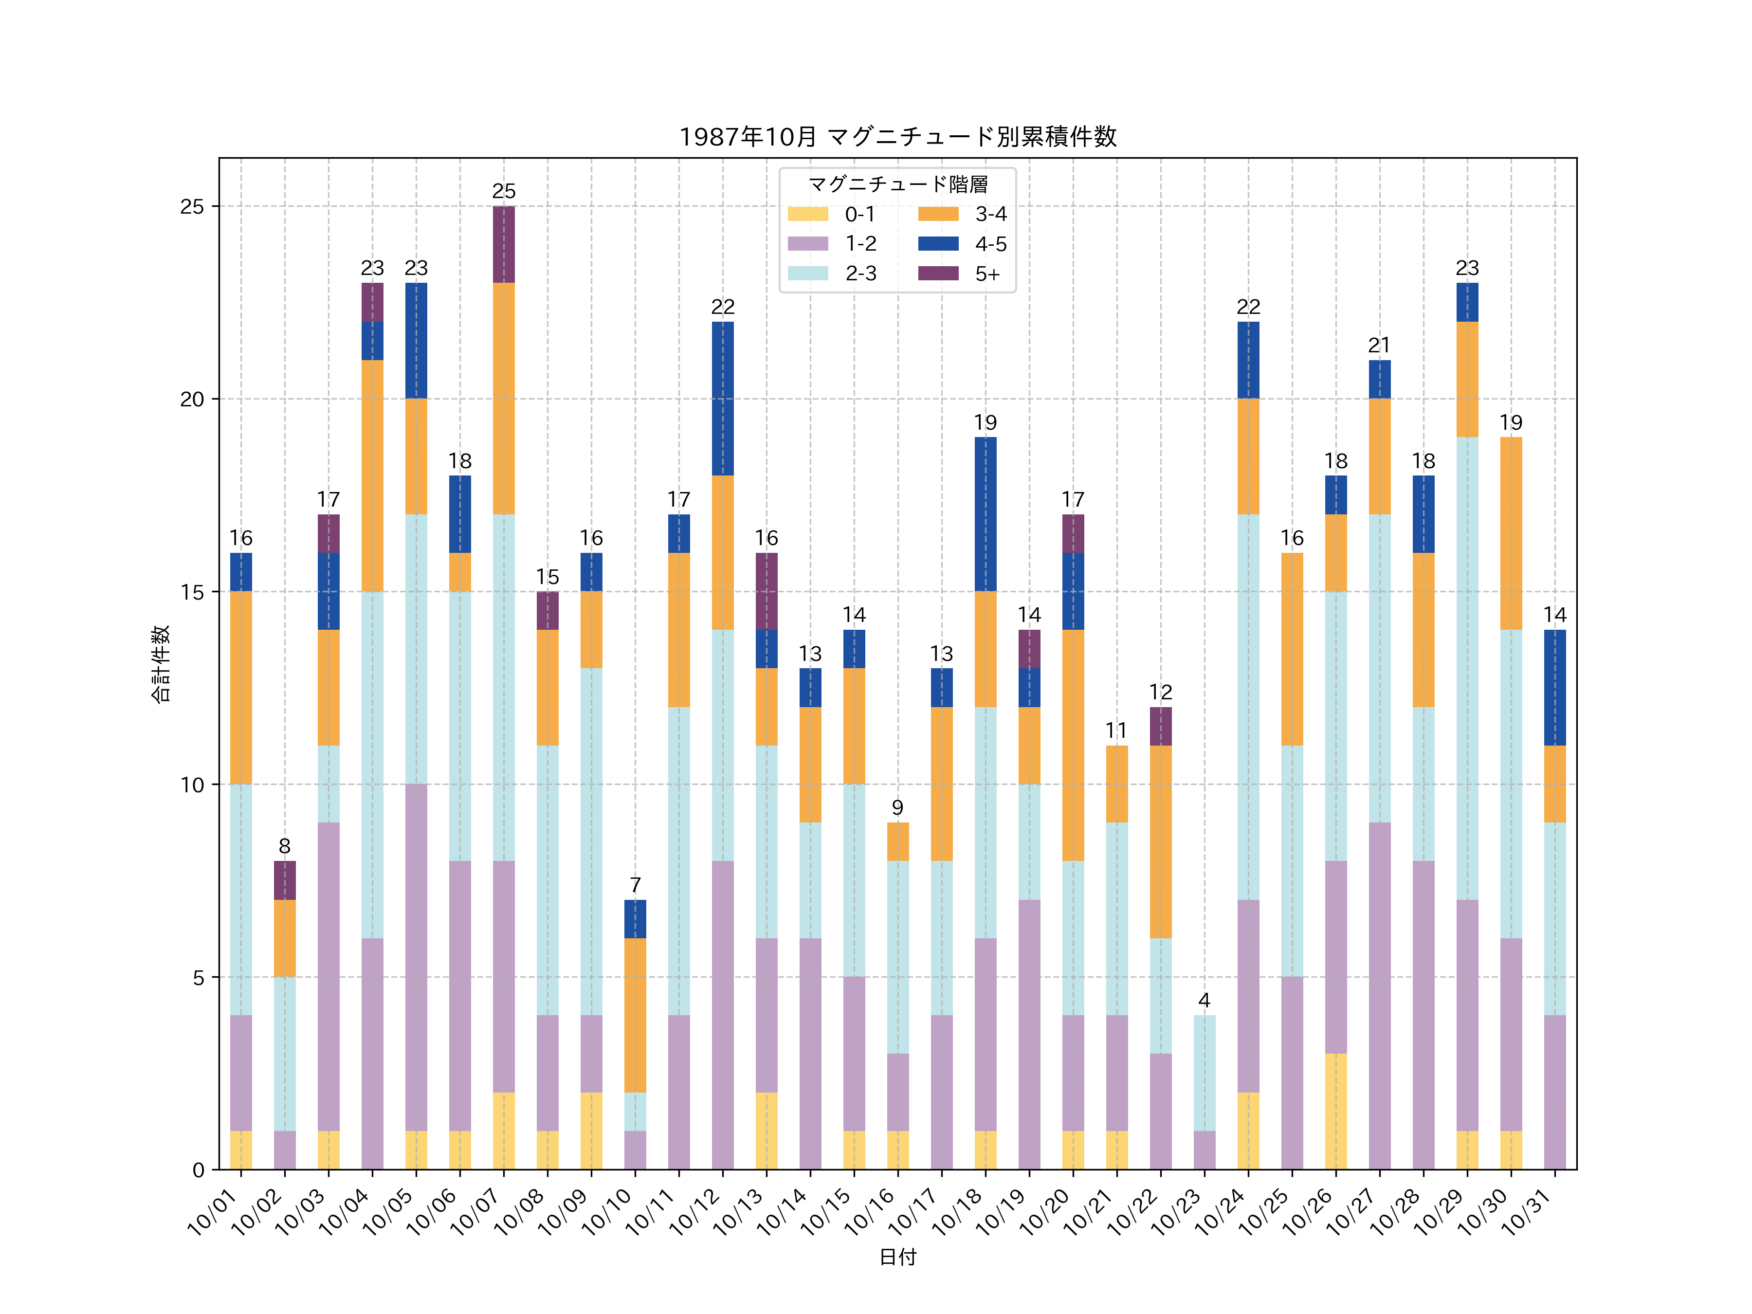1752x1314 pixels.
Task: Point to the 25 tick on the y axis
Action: pyautogui.click(x=192, y=207)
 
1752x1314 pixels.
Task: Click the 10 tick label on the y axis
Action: pyautogui.click(x=192, y=785)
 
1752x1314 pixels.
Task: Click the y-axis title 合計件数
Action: pyautogui.click(x=161, y=664)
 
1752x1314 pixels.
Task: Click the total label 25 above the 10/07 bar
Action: pyautogui.click(x=504, y=192)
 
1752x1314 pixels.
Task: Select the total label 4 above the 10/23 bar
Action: pyautogui.click(x=1204, y=1001)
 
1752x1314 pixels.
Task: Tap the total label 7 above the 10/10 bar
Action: pyautogui.click(x=635, y=885)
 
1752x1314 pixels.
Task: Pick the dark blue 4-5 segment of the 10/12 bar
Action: pyautogui.click(x=722, y=399)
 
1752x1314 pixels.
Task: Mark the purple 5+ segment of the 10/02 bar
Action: pyautogui.click(x=285, y=880)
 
